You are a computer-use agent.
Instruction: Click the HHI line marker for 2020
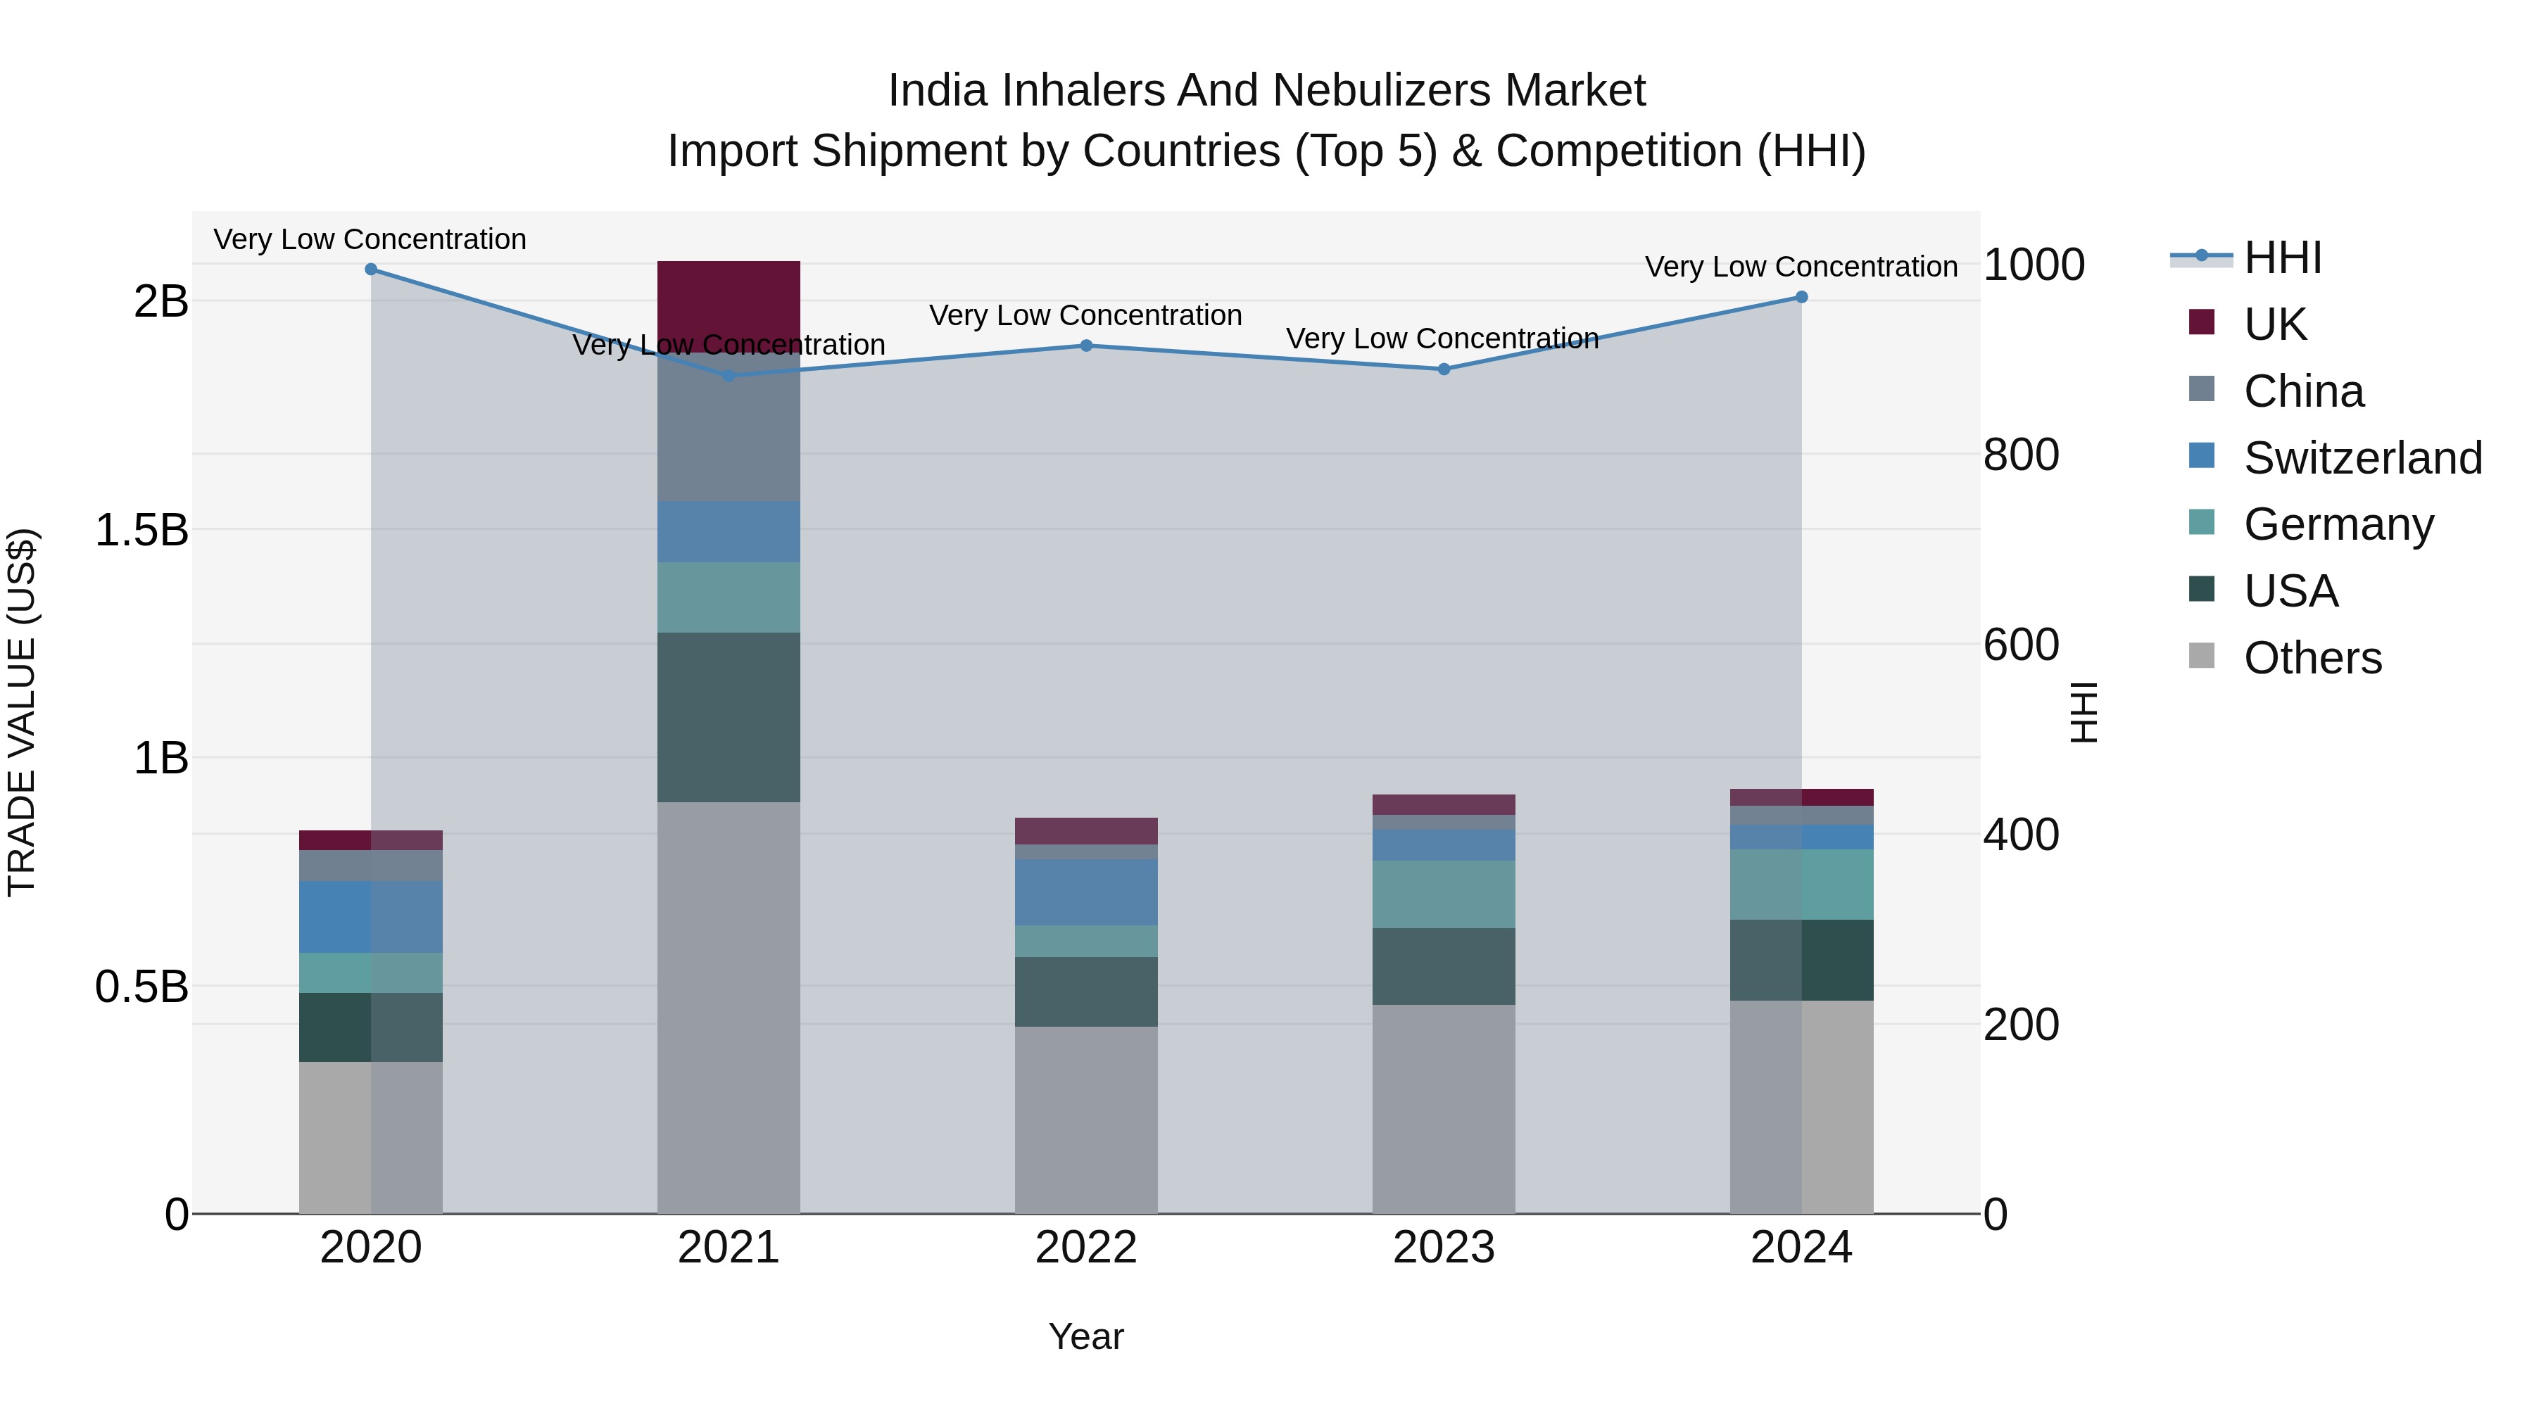tap(371, 270)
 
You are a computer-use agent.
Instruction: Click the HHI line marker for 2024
tap(1801, 297)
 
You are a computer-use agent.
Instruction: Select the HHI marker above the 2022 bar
tap(1086, 346)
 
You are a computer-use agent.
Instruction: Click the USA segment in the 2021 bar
tap(728, 717)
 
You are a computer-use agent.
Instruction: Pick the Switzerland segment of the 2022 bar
tap(1086, 892)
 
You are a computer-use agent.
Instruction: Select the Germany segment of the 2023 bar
tap(1443, 894)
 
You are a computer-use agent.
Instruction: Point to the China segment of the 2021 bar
tap(728, 427)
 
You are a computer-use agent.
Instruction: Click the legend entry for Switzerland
tap(2362, 458)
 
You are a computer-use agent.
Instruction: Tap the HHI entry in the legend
tap(2282, 258)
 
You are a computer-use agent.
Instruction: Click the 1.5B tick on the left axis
tap(141, 530)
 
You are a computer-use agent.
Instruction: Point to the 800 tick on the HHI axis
tap(2020, 455)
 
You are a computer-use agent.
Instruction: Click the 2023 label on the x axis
tap(1443, 1248)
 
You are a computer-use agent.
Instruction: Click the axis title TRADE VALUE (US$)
tap(23, 712)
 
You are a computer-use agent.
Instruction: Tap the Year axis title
tap(1086, 1336)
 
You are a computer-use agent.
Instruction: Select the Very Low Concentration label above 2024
tap(1801, 267)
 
